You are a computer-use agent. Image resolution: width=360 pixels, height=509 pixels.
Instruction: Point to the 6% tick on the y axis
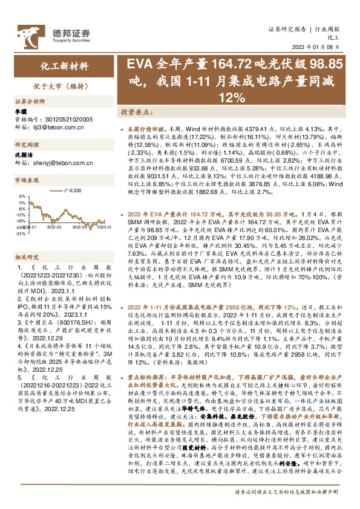point(22,196)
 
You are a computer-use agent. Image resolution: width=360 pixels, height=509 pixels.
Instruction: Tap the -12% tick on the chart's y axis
point(21,214)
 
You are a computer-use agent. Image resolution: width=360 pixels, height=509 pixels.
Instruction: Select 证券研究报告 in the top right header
point(287,30)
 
